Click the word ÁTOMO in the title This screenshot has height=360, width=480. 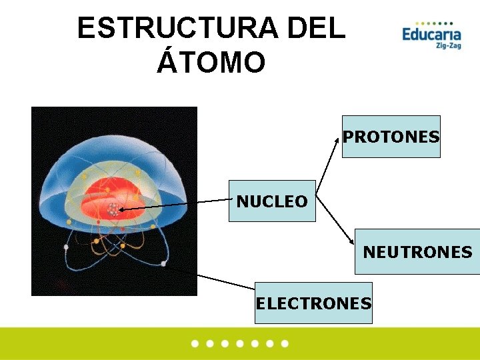pos(211,63)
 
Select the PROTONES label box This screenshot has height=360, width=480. pos(391,137)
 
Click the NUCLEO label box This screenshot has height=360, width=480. pos(272,201)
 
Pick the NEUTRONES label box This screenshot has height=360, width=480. pos(417,252)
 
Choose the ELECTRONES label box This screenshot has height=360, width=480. pos(313,303)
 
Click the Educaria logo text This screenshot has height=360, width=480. pos(431,33)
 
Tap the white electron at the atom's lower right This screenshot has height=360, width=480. pos(163,264)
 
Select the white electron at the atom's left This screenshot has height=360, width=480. pos(66,247)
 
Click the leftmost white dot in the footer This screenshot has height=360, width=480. pos(195,344)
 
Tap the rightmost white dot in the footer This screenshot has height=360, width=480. pos(285,344)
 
